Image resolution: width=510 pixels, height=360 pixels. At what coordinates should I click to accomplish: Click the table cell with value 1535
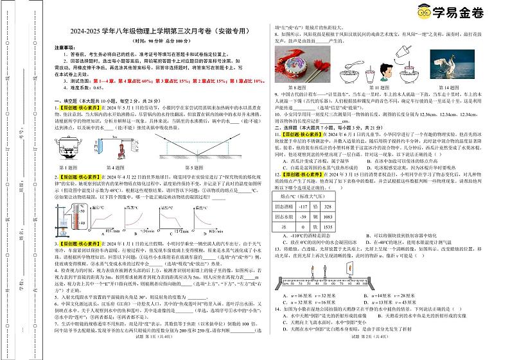tap(345, 227)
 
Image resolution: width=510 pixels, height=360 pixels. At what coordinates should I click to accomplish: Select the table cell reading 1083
tap(345, 216)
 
